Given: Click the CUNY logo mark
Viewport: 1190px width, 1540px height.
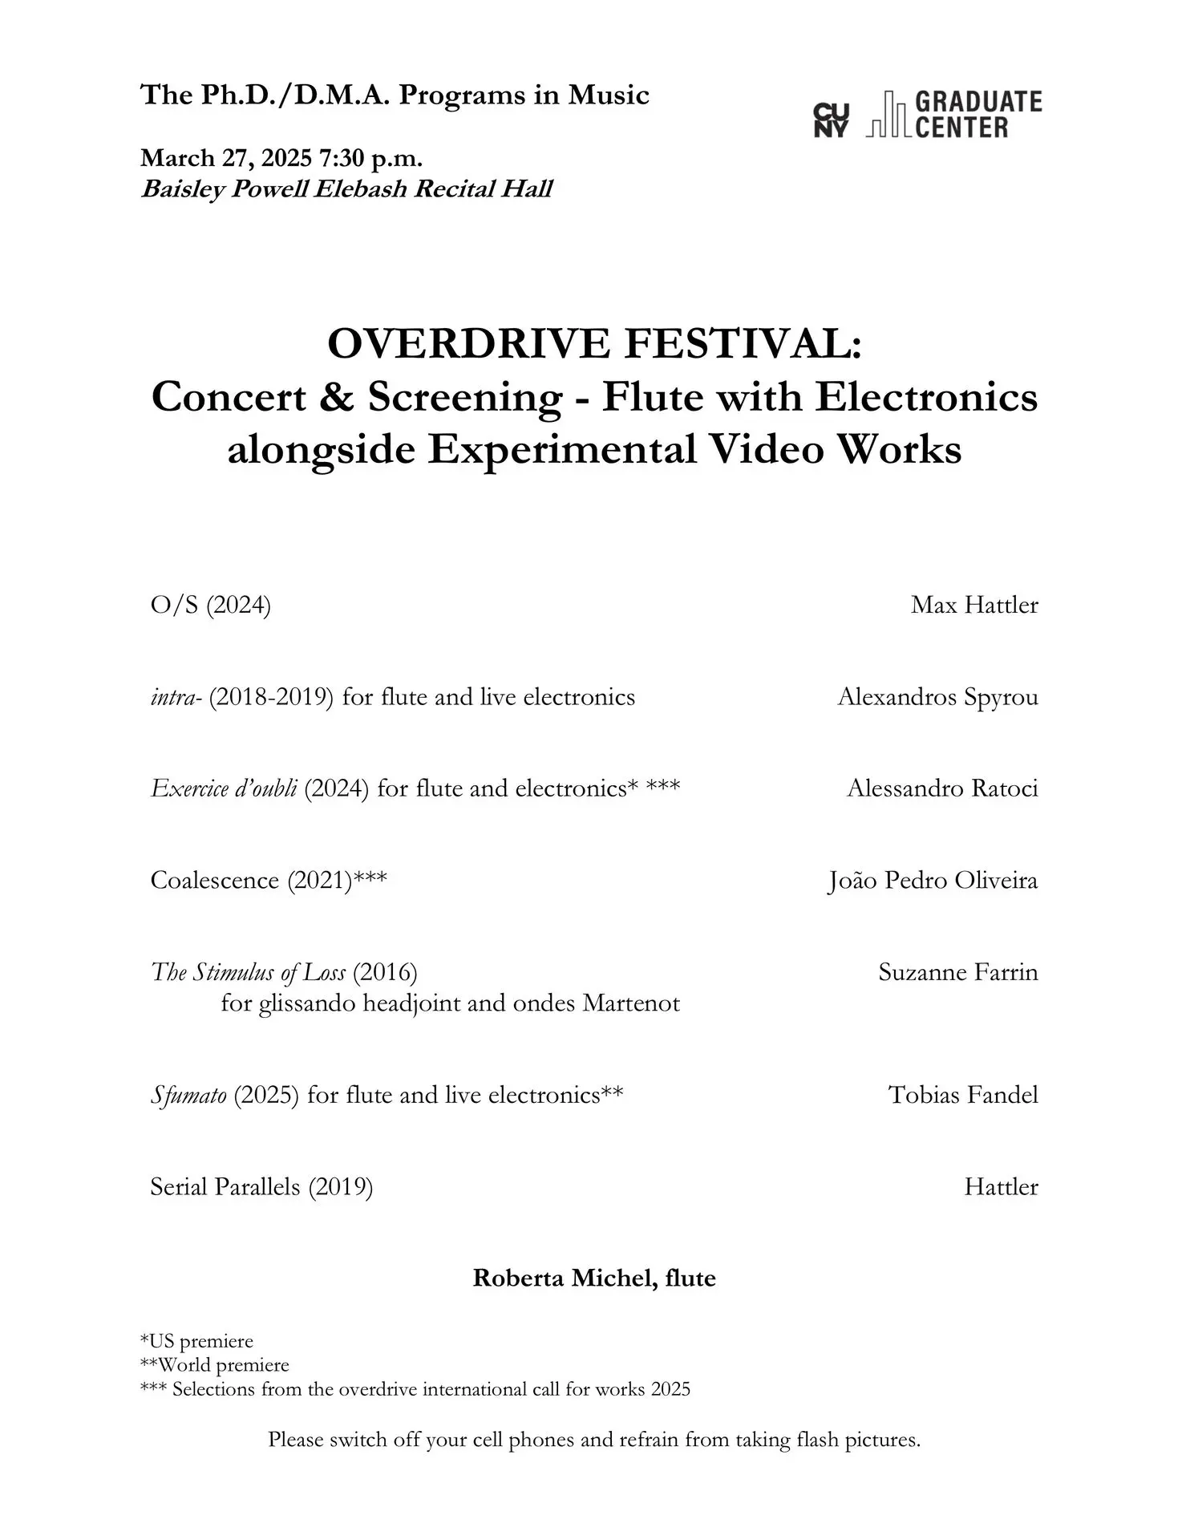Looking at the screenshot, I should tap(830, 120).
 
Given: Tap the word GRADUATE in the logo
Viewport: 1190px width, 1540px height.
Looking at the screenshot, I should tap(978, 102).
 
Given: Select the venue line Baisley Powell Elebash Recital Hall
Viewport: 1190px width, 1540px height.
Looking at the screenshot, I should tap(346, 189).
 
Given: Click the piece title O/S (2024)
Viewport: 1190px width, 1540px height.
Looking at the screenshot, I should tap(210, 605).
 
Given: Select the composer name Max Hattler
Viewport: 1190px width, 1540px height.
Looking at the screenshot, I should tap(973, 605).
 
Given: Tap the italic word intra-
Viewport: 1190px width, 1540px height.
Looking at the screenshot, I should tap(176, 697).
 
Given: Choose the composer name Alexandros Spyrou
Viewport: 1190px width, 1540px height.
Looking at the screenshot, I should tap(937, 697).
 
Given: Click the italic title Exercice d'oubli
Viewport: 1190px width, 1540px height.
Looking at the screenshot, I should tap(224, 788).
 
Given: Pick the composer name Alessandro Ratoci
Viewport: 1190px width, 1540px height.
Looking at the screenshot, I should tap(942, 788).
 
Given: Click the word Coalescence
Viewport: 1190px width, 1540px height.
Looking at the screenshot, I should tap(214, 881).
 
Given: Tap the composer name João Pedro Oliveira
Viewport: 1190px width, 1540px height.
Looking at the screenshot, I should tap(933, 881).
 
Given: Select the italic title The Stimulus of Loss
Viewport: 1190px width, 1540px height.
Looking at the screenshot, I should tap(248, 973).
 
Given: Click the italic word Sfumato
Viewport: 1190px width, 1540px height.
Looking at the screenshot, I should tap(188, 1095).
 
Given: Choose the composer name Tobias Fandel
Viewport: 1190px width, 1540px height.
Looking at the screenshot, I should tap(962, 1095).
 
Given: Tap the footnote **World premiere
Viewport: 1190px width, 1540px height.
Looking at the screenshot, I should tap(215, 1364).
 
